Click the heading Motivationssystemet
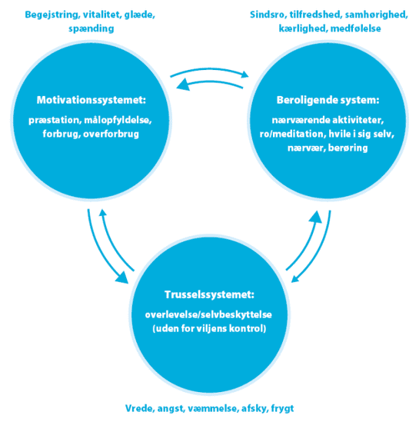(91, 100)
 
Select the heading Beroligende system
(328, 100)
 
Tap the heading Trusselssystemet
(209, 294)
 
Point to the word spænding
(91, 28)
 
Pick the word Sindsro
(268, 15)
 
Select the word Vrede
(140, 408)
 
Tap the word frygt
(282, 409)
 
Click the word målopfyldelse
(118, 121)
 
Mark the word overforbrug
(111, 134)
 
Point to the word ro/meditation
(292, 134)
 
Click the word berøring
(348, 148)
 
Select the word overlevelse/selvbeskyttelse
(208, 315)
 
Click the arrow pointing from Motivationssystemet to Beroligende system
(209, 69)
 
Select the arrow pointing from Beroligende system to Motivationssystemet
(209, 82)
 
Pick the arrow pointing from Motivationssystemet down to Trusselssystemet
(101, 252)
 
